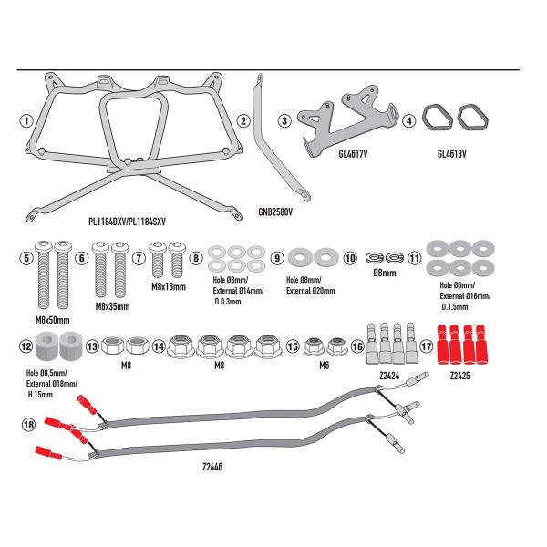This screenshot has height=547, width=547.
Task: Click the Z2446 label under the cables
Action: click(x=215, y=466)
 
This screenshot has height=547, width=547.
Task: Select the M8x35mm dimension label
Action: click(x=112, y=307)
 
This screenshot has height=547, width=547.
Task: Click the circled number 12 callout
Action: click(x=26, y=346)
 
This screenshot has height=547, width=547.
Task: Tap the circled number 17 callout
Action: click(x=427, y=346)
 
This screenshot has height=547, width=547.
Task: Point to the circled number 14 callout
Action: click(x=160, y=346)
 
